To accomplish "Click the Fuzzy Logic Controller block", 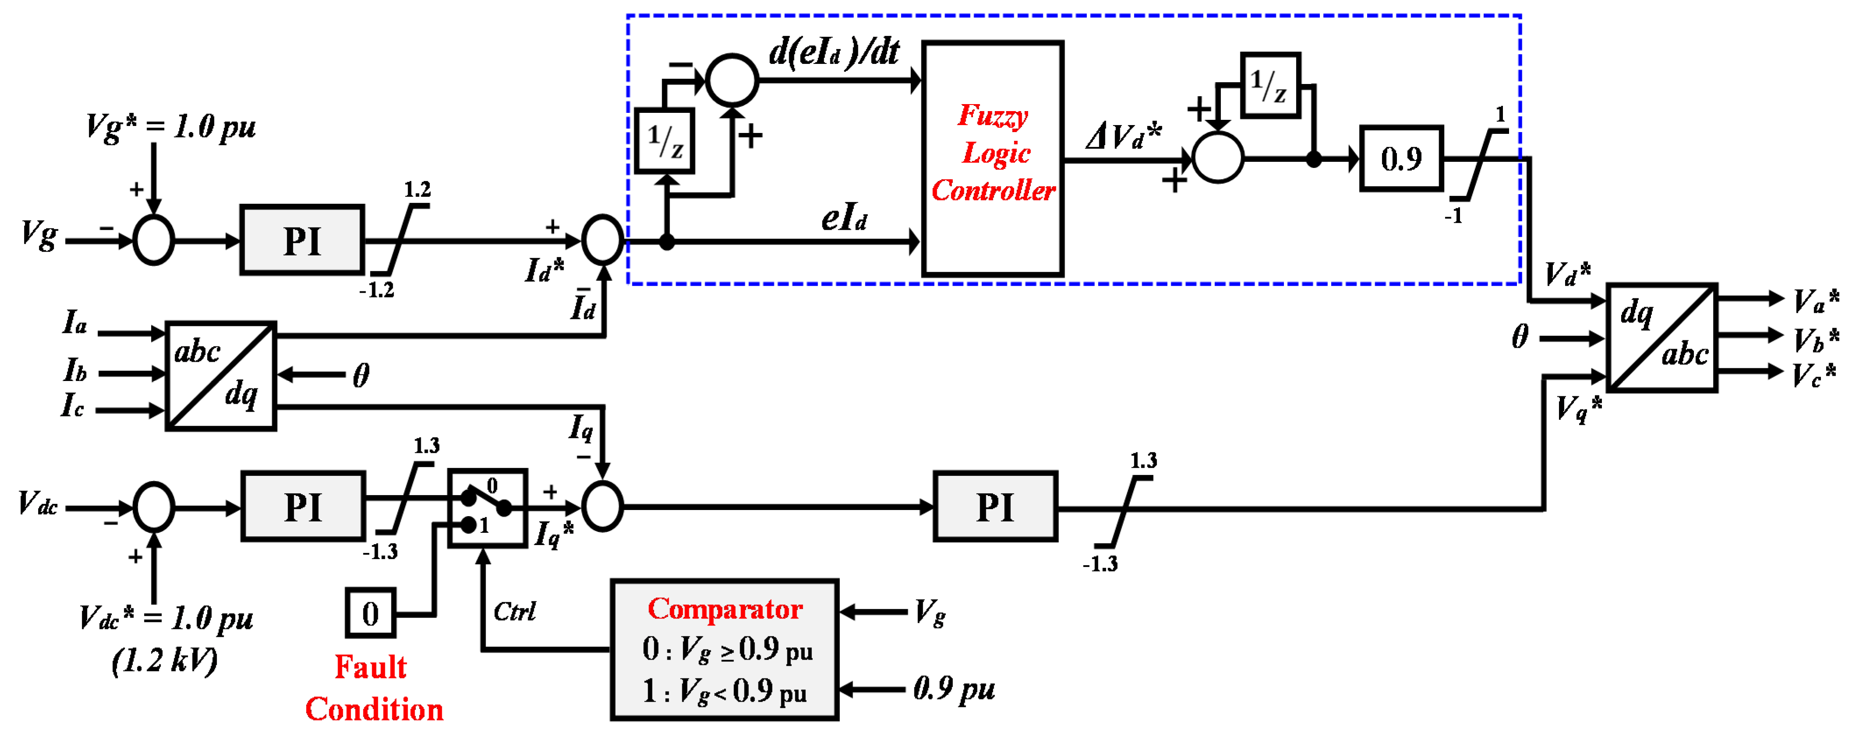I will (x=992, y=158).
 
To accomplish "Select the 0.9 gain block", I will (x=1400, y=158).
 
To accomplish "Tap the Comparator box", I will (x=724, y=649).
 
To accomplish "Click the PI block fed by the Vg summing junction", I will (x=302, y=240).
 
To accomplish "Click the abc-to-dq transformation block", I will (x=220, y=376).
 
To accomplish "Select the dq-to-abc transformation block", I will (x=1662, y=338).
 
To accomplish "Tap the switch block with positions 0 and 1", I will (x=487, y=508).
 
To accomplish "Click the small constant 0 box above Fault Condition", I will (x=370, y=613).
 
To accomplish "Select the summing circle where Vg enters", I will (x=153, y=240).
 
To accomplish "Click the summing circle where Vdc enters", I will (x=153, y=507).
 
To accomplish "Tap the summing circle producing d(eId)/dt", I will (x=732, y=80).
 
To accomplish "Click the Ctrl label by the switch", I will (x=514, y=612).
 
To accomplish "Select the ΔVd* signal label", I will (x=1123, y=135).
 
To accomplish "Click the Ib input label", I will (x=75, y=370).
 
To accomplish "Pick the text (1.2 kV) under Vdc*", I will (x=164, y=661).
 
